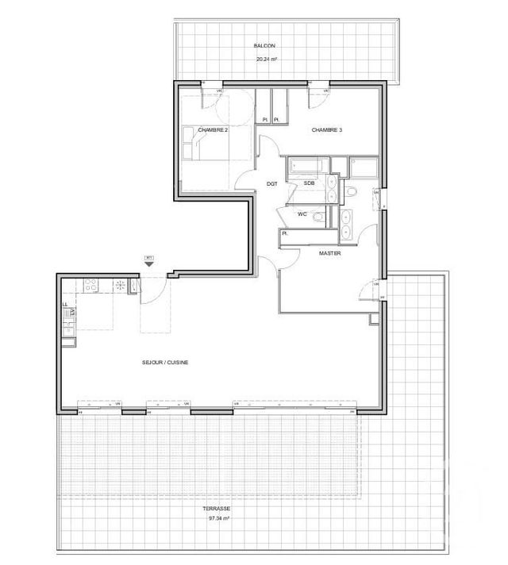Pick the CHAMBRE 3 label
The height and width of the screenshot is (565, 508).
point(327,130)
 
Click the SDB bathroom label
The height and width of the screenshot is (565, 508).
point(309,183)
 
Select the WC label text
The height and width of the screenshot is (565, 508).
point(302,214)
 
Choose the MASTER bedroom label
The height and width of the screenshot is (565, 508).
point(329,253)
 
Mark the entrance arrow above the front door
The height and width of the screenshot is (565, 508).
point(148,259)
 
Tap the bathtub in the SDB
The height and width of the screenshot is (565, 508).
point(306,167)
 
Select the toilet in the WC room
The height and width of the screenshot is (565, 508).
point(318,217)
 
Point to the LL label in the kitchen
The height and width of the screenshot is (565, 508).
point(65,305)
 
